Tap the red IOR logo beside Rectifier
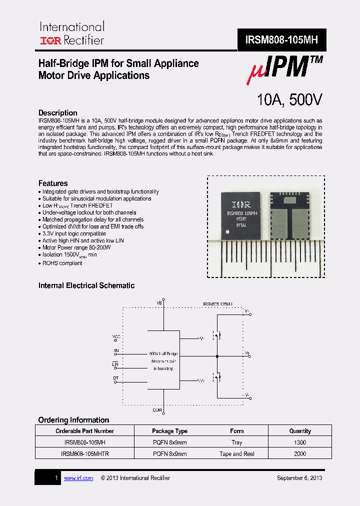(x=50, y=40)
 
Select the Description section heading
(x=58, y=113)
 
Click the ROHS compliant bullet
(x=62, y=263)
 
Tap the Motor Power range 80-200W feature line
(x=76, y=247)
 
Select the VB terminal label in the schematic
(x=159, y=303)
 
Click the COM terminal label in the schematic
(x=157, y=410)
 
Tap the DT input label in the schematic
(x=115, y=377)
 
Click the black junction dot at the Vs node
(x=217, y=356)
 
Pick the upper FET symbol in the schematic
(x=217, y=333)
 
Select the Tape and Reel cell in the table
(x=237, y=454)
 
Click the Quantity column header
(x=300, y=430)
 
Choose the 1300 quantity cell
(x=300, y=442)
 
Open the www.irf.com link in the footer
(x=78, y=478)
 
